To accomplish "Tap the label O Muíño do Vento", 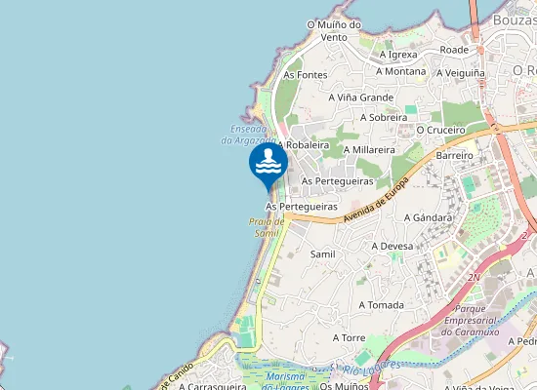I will (x=334, y=30).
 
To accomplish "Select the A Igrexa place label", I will (x=398, y=55).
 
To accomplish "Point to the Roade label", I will (x=454, y=49).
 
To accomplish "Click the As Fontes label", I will (x=306, y=74).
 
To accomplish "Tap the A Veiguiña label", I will (x=461, y=72).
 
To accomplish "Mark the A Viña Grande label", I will (x=361, y=97).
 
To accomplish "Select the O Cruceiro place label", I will (x=440, y=129).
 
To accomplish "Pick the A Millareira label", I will (x=369, y=150).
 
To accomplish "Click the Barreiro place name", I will (x=455, y=155).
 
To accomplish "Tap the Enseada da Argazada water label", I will (x=249, y=135).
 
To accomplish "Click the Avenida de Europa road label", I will (x=376, y=204).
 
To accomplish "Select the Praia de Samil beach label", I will (x=266, y=227).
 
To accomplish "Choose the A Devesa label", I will (x=392, y=247).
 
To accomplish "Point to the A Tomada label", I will (x=381, y=305).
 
